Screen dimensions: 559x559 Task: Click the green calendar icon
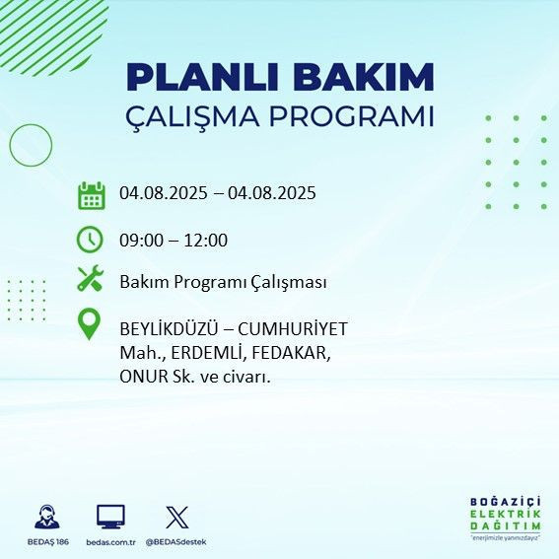tap(91, 195)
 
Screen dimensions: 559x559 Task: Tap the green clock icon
tap(90, 240)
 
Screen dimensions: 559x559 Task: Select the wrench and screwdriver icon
tap(90, 281)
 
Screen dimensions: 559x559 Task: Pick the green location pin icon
tap(90, 324)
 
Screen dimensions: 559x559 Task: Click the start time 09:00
tap(140, 240)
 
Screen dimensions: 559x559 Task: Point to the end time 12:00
tap(207, 240)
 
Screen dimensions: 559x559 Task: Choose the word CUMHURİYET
tap(299, 328)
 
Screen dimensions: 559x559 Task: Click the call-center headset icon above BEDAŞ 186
tap(46, 517)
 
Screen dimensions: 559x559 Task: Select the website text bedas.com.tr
tap(110, 542)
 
